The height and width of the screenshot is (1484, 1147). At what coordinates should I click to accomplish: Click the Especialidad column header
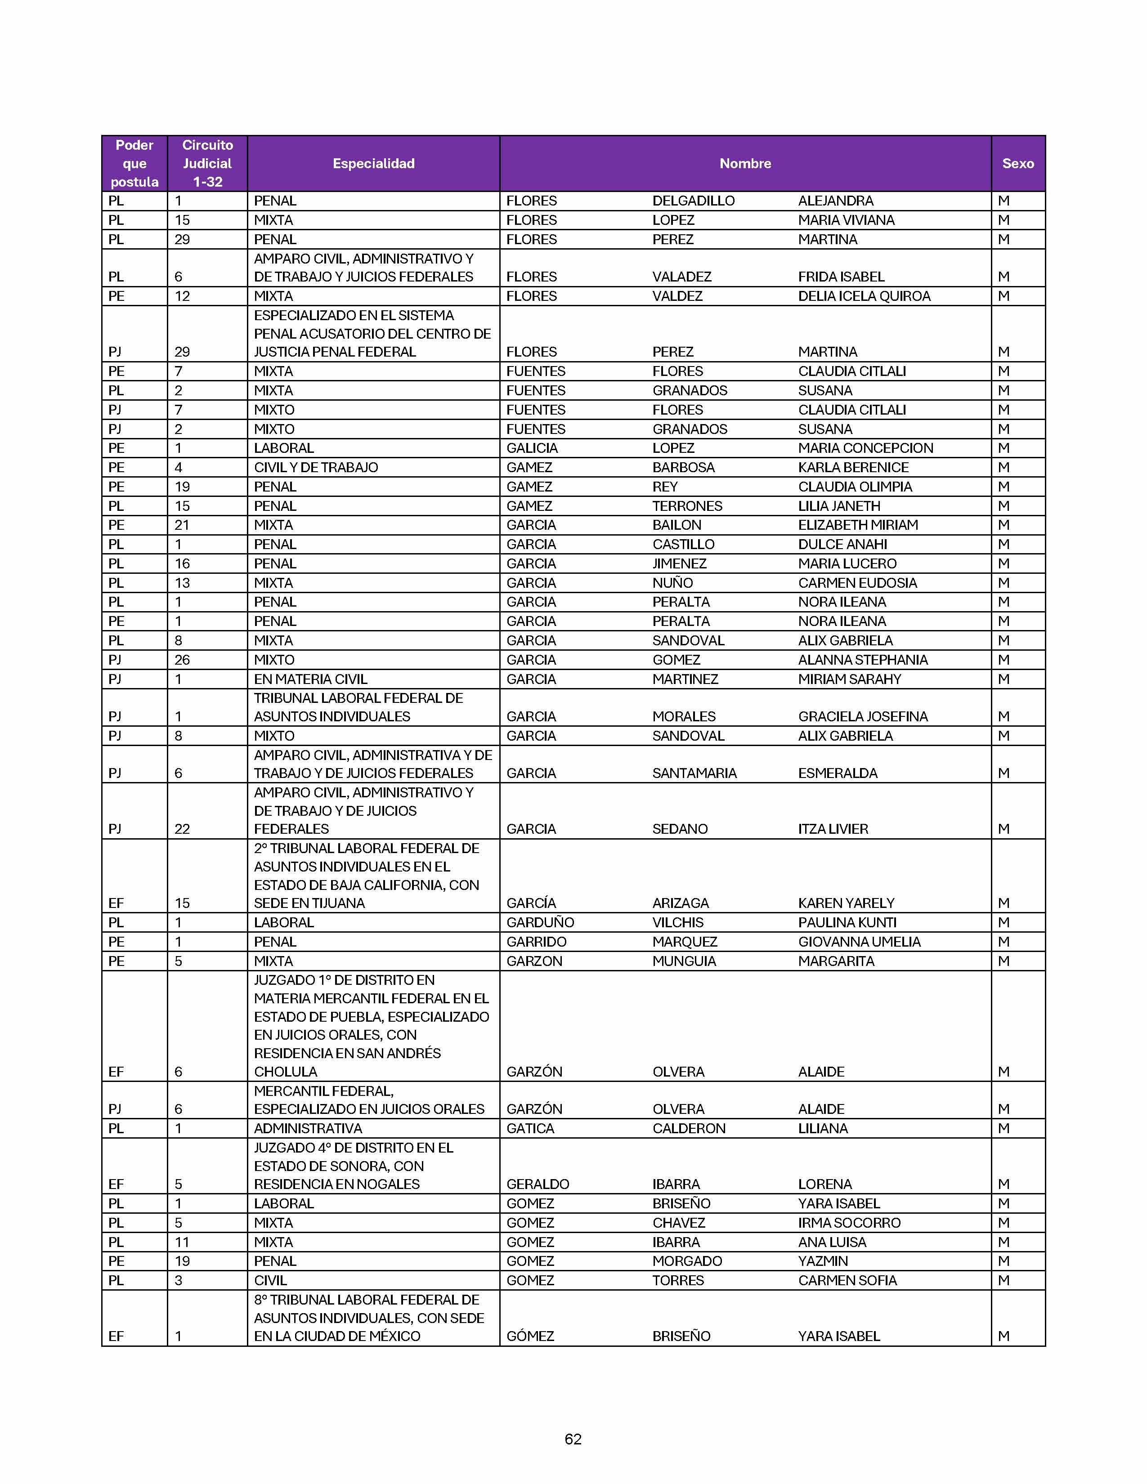click(x=373, y=164)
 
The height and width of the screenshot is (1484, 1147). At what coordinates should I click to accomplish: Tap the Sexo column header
click(x=1017, y=164)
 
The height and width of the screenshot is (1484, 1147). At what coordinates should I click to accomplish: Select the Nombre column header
click(x=745, y=164)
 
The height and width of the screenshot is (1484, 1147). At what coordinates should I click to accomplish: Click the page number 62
click(x=573, y=1439)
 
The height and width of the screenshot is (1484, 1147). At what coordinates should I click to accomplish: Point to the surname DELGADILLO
click(x=693, y=201)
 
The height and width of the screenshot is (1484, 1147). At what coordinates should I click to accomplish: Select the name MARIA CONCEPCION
click(x=865, y=448)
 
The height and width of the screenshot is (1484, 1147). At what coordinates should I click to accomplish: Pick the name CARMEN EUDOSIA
click(x=857, y=583)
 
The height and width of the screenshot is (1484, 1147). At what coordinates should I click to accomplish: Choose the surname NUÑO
click(x=672, y=583)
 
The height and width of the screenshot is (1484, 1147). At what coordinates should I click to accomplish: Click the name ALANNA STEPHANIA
click(x=862, y=660)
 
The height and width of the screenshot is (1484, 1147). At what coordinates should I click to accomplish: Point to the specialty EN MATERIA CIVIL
click(x=310, y=679)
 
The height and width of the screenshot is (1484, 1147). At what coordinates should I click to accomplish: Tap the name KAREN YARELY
click(x=846, y=903)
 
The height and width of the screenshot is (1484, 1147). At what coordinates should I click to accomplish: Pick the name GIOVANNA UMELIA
click(x=859, y=942)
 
